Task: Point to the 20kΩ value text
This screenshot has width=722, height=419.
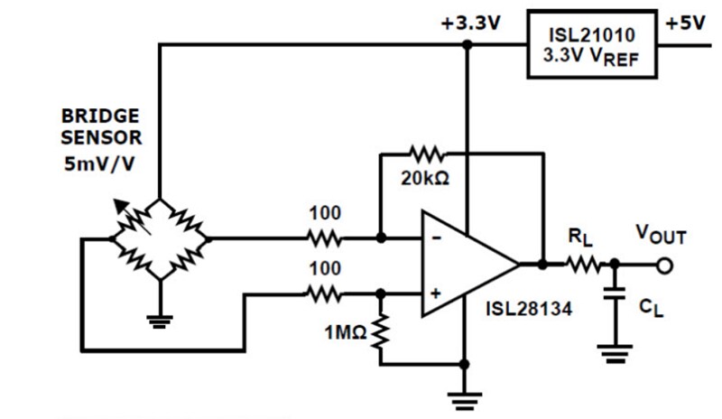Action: tap(425, 177)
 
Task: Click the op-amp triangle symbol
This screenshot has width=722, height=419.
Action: tap(465, 265)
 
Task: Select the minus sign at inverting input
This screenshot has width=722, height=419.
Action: tap(434, 239)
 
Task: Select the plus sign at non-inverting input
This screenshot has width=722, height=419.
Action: tap(434, 292)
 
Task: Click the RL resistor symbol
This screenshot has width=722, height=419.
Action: tap(582, 265)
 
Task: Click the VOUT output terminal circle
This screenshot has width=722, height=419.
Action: tap(666, 265)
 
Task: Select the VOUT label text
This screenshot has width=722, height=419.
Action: tap(661, 237)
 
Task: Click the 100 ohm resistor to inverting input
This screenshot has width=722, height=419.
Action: tap(324, 239)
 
